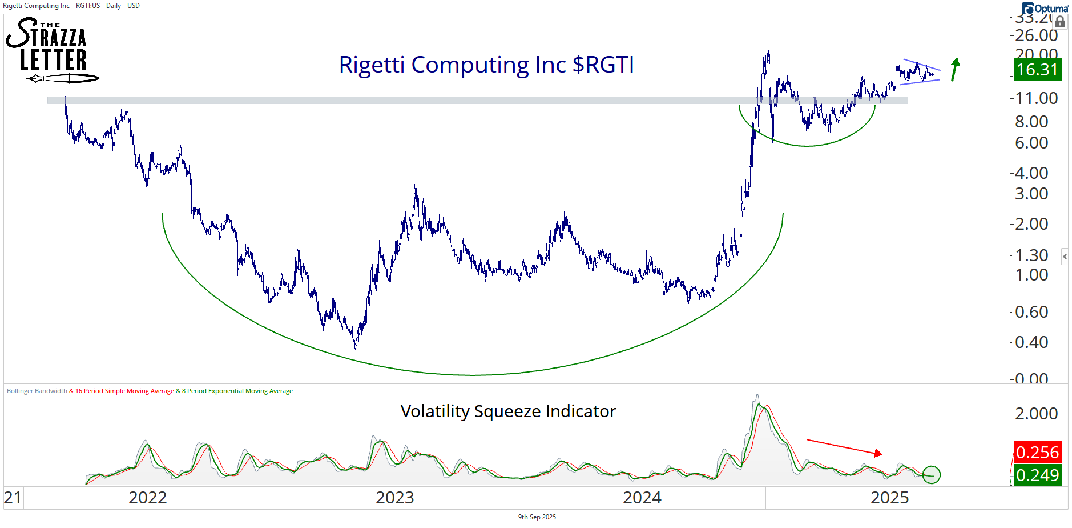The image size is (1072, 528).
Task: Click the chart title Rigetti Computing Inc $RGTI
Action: (x=486, y=65)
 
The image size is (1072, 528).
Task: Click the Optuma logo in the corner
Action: (x=1045, y=8)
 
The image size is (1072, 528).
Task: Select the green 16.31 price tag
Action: (x=1037, y=70)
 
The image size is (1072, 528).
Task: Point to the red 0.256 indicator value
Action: (x=1037, y=452)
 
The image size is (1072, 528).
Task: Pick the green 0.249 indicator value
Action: (x=1037, y=475)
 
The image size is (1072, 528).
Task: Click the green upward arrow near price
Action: (x=955, y=69)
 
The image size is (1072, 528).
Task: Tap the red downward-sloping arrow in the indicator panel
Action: (x=845, y=447)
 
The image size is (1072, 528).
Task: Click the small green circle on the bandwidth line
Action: (x=931, y=474)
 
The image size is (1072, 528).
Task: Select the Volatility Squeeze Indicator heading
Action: (x=508, y=411)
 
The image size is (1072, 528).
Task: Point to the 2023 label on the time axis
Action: (x=394, y=498)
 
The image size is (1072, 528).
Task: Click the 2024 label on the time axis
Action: (x=642, y=498)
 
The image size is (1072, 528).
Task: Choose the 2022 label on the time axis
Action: (x=147, y=498)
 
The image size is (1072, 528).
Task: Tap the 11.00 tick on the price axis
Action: (x=1036, y=98)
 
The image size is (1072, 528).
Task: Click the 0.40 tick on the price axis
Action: (x=1031, y=342)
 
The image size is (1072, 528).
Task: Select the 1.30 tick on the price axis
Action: (x=1031, y=255)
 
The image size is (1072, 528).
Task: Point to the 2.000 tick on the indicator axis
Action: (x=1036, y=414)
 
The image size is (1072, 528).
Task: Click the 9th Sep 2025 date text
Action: (x=537, y=517)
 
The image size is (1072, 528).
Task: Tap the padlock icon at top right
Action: (x=1060, y=22)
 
